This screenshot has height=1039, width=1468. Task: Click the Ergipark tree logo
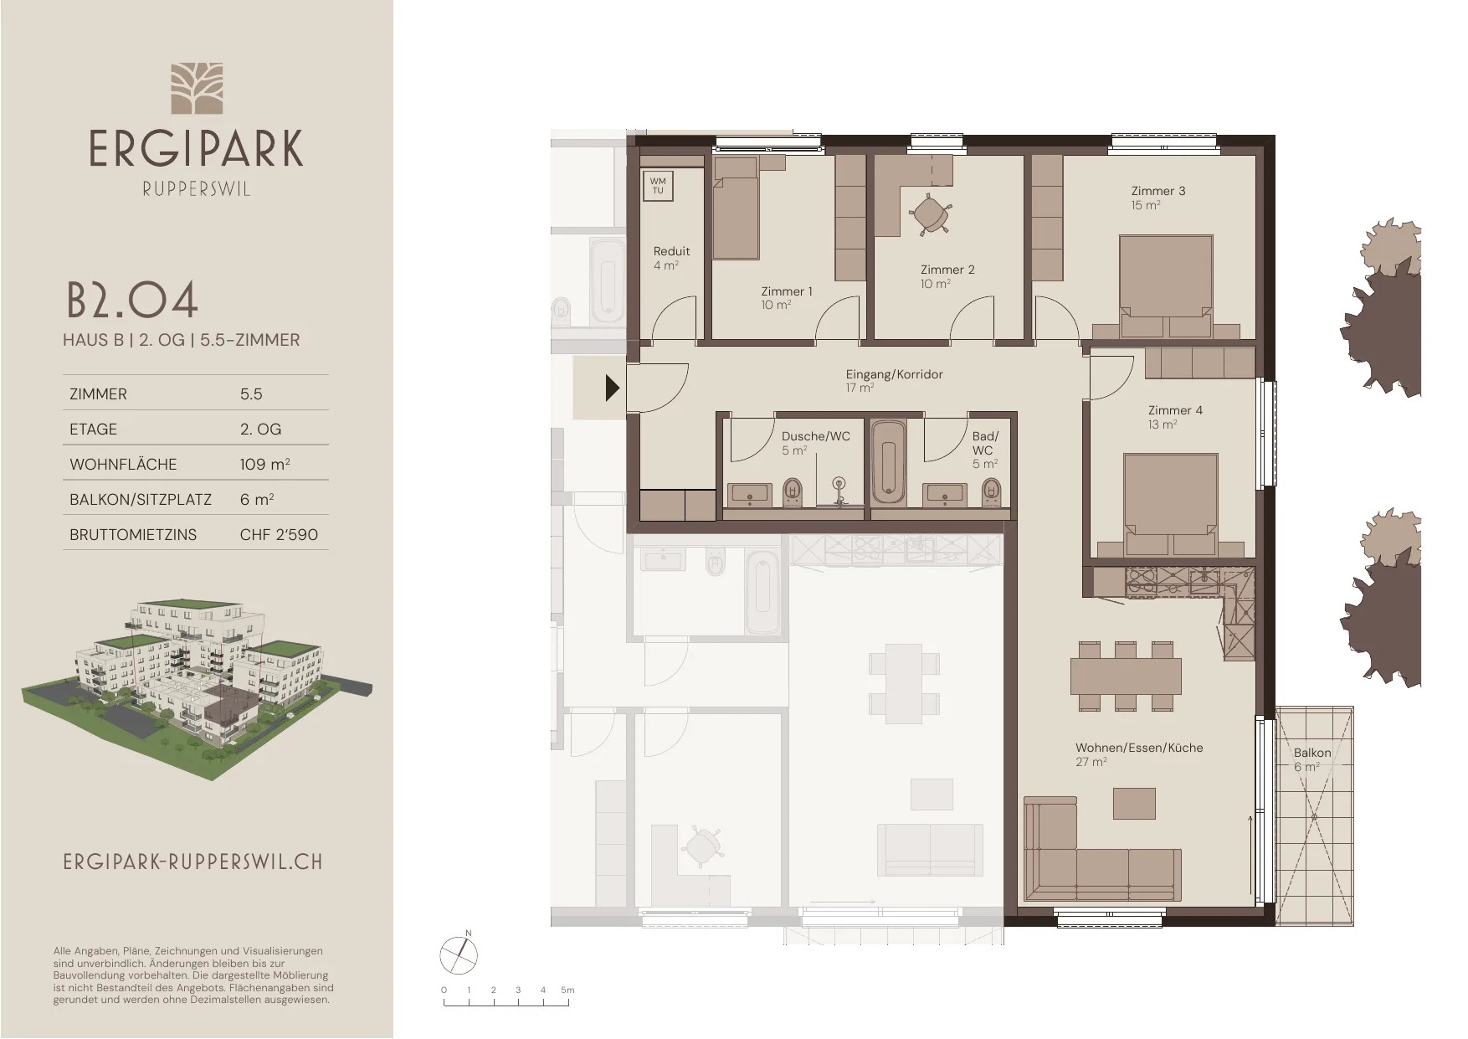197,88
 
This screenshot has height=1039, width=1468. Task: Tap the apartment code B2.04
132,301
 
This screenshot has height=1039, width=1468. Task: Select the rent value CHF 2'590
279,534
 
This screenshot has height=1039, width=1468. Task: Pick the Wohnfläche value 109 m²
264,464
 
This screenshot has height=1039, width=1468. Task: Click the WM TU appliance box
658,186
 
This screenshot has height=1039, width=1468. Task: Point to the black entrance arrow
613,388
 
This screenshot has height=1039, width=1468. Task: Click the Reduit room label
671,251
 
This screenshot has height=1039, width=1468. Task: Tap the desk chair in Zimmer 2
928,213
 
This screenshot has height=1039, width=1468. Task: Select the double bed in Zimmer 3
1166,285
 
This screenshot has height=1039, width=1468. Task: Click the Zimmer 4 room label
1175,410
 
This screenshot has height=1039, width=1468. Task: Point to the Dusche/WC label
815,436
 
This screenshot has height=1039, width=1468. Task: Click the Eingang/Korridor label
894,374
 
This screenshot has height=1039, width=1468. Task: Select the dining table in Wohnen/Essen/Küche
1125,676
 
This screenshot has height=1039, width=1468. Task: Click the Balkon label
1311,753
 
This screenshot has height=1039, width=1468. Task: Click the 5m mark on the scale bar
567,990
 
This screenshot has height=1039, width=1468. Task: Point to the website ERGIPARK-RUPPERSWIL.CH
192,862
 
